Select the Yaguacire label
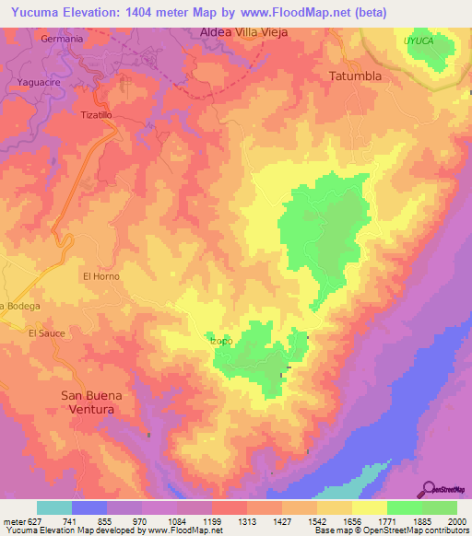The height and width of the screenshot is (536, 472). pyautogui.click(x=39, y=82)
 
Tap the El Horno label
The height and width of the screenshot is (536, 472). pyautogui.click(x=101, y=275)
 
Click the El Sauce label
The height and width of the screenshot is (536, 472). pyautogui.click(x=46, y=332)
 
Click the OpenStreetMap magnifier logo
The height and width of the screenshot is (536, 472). pyautogui.click(x=430, y=488)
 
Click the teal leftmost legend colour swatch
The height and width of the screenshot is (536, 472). pyautogui.click(x=54, y=507)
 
